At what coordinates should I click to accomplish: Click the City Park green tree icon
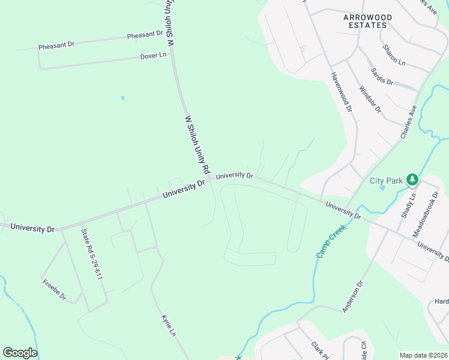(412, 179)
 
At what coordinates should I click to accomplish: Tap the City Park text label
(385, 181)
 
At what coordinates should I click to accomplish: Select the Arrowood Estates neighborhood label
(367, 21)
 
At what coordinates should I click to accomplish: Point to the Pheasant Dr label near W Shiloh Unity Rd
(145, 35)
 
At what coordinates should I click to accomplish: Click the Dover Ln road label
(153, 56)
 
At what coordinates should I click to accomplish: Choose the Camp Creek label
(327, 241)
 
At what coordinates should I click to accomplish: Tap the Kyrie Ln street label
(168, 325)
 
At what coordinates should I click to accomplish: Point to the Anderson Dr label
(353, 296)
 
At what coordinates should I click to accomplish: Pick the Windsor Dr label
(370, 99)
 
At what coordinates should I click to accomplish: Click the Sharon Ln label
(394, 55)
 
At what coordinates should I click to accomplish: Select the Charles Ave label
(409, 122)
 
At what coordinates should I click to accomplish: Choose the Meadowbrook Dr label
(423, 214)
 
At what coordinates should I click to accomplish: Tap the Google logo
(20, 353)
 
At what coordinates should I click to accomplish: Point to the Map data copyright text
(424, 355)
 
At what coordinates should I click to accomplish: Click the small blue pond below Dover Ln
(123, 97)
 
